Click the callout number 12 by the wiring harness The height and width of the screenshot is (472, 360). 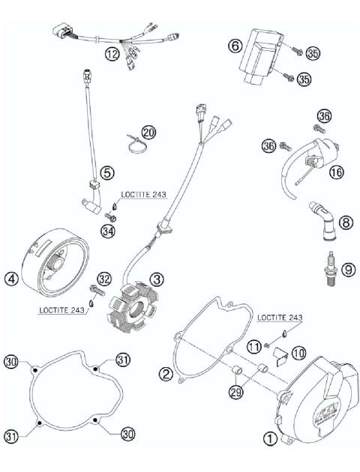click(112, 54)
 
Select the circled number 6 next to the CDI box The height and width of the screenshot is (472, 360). click(234, 46)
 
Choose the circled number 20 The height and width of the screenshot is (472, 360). click(148, 133)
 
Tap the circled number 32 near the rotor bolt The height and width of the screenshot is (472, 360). click(103, 279)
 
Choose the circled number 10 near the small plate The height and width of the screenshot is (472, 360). click(298, 352)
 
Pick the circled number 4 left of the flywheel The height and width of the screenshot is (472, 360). click(10, 279)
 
